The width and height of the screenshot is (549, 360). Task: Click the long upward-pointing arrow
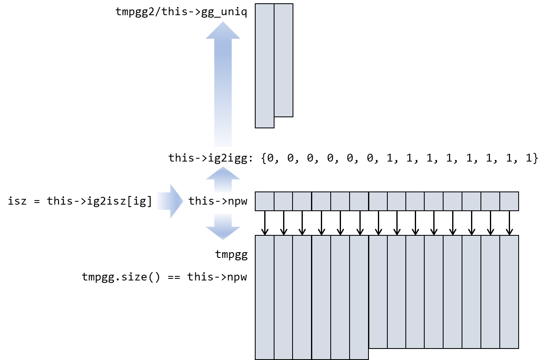click(x=223, y=90)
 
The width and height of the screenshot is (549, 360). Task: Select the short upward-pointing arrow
click(x=223, y=180)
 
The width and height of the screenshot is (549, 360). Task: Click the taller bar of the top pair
click(x=265, y=66)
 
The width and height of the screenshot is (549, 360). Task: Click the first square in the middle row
click(x=265, y=201)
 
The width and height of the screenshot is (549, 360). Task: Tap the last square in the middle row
click(x=509, y=201)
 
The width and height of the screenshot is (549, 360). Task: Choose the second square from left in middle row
click(x=284, y=201)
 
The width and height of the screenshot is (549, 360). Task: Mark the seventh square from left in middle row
click(x=378, y=201)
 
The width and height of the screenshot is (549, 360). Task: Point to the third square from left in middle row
click(x=302, y=201)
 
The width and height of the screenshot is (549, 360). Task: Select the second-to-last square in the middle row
click(x=490, y=201)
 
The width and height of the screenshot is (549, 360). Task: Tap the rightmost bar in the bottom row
click(x=509, y=292)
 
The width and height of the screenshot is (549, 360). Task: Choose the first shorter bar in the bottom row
click(x=378, y=292)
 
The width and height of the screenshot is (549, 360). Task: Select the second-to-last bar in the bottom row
click(x=490, y=292)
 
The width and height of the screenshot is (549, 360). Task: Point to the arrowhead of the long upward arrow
click(x=223, y=31)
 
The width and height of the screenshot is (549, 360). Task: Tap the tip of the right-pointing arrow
click(x=182, y=201)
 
